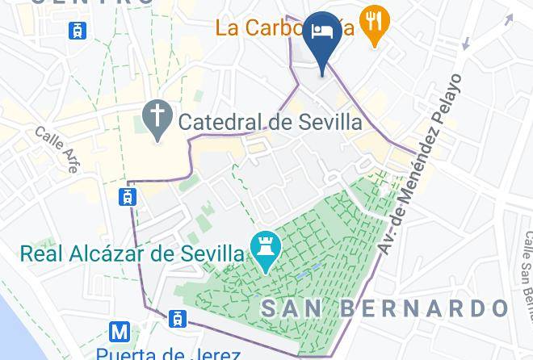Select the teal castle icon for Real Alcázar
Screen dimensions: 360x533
pos(265,253)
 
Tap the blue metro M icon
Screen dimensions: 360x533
pos(120,332)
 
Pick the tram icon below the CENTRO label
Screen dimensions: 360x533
pos(78,31)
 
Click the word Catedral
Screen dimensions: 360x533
pos(214,123)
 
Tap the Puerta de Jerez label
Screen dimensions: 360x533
pos(167,354)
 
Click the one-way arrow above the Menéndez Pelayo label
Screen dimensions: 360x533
pos(464,44)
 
